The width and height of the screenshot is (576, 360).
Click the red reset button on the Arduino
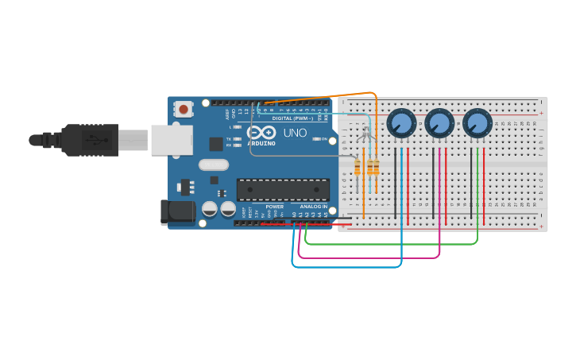click(x=184, y=109)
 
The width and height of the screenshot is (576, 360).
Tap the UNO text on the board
click(x=295, y=133)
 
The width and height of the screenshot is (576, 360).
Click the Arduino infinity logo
click(x=261, y=133)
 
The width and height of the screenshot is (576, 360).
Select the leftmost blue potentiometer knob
click(x=401, y=123)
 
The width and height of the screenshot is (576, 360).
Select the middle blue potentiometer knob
click(x=439, y=123)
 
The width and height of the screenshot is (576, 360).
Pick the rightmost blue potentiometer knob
click(x=476, y=123)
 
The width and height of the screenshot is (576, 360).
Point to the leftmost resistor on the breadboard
click(x=358, y=167)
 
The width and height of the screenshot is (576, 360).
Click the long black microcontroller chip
click(x=283, y=189)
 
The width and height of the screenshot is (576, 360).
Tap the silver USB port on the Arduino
click(x=171, y=140)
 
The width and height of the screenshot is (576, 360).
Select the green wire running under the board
click(x=389, y=244)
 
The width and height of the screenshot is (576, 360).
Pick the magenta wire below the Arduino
click(x=365, y=257)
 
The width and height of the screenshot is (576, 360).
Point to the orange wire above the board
click(x=318, y=96)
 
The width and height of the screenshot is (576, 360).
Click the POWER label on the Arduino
click(x=274, y=206)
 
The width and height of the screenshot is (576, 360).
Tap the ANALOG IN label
click(x=313, y=206)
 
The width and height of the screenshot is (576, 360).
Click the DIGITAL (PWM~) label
click(x=292, y=118)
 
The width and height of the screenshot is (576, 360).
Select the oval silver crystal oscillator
click(x=213, y=165)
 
